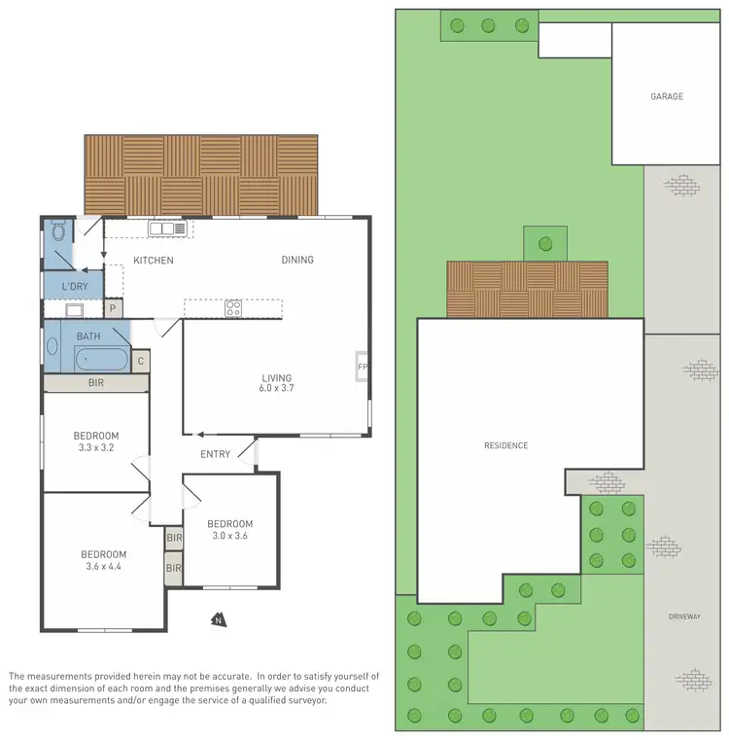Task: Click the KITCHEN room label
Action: point(154,261)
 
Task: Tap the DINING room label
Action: point(297,260)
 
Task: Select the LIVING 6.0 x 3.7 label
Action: point(276,383)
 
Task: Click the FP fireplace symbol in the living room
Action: point(363,368)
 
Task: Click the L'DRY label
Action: point(75,287)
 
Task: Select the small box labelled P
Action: point(113,309)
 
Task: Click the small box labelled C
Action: point(140,361)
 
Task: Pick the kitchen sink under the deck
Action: point(167,229)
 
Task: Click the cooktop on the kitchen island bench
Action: point(233,308)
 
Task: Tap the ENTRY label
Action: point(215,454)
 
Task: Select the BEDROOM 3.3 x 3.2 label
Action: point(95,441)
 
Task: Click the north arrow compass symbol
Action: point(218,617)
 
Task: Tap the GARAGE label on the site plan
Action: point(667,96)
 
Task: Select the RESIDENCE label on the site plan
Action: point(505,445)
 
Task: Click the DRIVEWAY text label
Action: point(685,617)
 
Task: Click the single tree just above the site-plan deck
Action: point(544,243)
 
